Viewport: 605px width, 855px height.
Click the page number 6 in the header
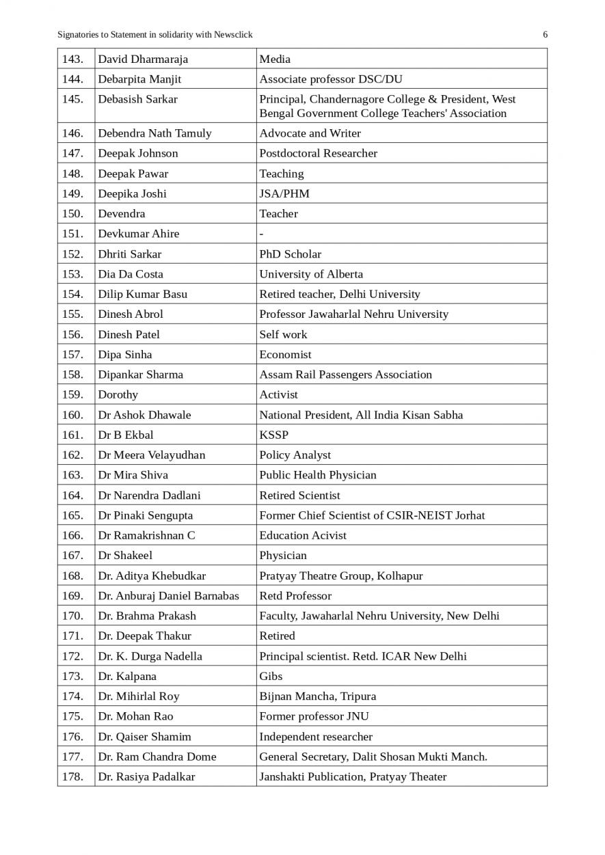tap(545, 35)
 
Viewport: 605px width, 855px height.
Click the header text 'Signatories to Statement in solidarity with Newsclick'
tap(154, 35)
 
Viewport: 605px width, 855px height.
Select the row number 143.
tap(72, 59)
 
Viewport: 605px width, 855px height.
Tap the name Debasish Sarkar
tap(137, 99)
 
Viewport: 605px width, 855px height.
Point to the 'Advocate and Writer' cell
tap(310, 133)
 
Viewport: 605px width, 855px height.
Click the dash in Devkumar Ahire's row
tap(261, 234)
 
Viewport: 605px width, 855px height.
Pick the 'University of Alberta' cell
tap(311, 274)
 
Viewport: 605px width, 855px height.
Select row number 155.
tap(72, 314)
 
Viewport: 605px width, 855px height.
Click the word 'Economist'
tap(285, 355)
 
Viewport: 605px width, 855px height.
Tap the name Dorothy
tap(118, 394)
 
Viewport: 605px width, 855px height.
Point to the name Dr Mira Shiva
tap(133, 475)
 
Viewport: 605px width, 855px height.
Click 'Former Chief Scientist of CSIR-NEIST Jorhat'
tap(372, 515)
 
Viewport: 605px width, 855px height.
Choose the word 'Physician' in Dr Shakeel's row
tap(283, 556)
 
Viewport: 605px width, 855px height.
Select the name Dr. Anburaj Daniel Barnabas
tap(168, 596)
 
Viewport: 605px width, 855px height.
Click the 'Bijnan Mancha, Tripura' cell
tap(317, 696)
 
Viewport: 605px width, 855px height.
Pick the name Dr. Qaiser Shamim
tap(144, 737)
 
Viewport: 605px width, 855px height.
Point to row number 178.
tap(72, 777)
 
